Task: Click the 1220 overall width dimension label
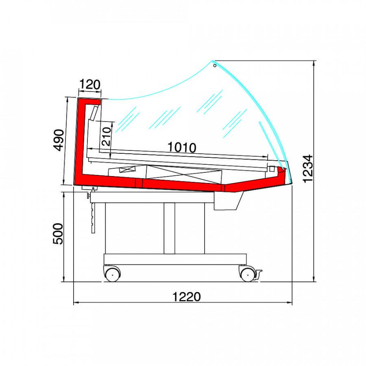click(186, 297)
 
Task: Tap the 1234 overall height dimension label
click(307, 168)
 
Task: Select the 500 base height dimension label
click(58, 234)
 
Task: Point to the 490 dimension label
click(58, 140)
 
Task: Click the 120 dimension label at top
click(90, 85)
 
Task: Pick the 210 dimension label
click(106, 136)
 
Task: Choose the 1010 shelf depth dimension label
click(182, 148)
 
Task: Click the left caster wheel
click(113, 274)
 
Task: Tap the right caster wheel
click(248, 274)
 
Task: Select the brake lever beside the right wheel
click(259, 274)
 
